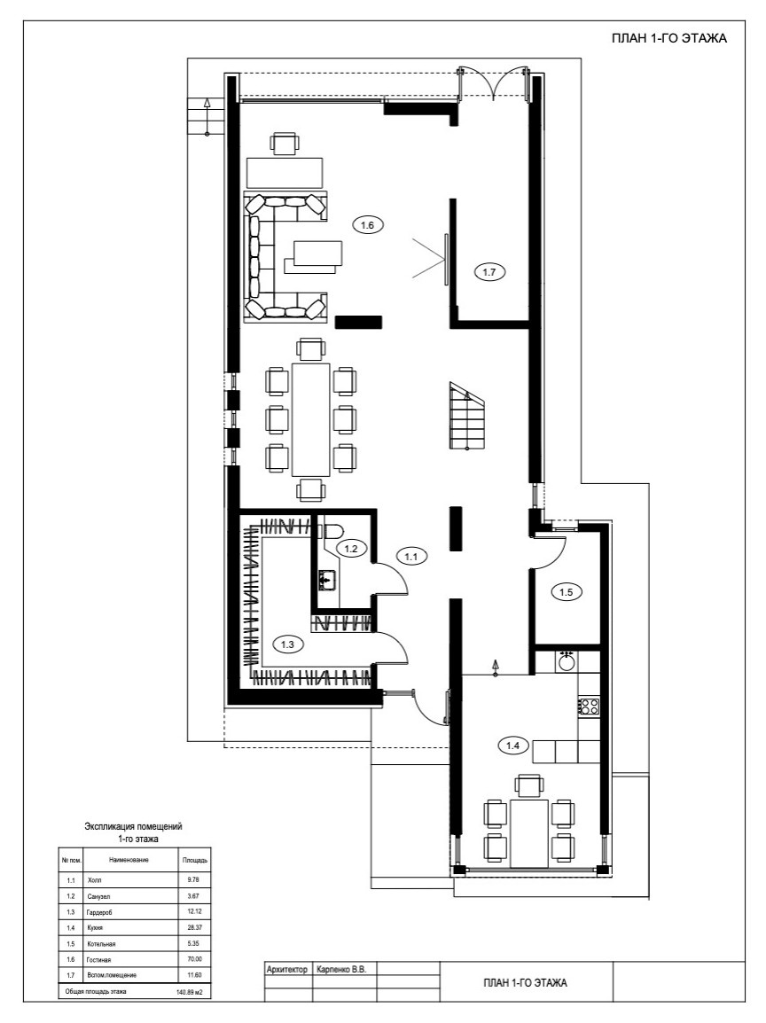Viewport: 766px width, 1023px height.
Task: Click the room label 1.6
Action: point(367,225)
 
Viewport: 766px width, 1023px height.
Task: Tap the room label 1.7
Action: point(489,273)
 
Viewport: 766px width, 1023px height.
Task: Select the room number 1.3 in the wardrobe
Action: point(288,644)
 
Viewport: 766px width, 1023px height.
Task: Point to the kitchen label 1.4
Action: point(512,745)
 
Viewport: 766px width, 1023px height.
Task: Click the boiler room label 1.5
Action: point(567,592)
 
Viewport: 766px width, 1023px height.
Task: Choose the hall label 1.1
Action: point(411,557)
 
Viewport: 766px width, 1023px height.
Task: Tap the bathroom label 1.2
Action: point(351,549)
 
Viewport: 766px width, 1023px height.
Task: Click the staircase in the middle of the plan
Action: point(466,416)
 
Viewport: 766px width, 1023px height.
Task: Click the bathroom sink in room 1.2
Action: point(327,580)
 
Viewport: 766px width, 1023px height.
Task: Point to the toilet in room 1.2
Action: point(332,530)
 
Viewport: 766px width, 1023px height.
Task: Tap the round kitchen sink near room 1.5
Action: point(567,661)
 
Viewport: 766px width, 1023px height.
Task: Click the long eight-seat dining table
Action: point(311,419)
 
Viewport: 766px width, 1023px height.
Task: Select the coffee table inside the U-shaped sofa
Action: point(314,256)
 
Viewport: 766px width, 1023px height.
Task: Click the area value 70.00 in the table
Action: point(194,959)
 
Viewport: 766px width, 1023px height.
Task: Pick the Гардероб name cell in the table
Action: point(99,912)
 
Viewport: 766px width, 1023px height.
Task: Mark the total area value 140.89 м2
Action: point(189,992)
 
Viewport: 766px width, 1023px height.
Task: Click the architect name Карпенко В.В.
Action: point(341,970)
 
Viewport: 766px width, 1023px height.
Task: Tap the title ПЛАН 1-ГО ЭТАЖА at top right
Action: point(668,38)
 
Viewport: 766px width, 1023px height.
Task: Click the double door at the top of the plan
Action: point(493,82)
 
